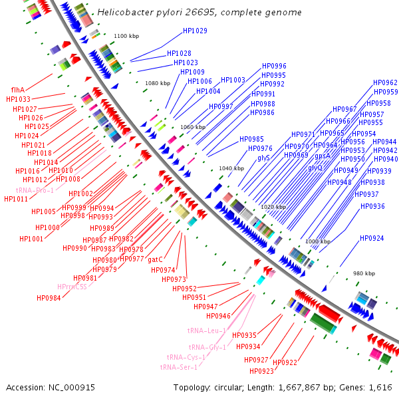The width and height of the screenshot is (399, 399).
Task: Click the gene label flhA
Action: point(18,90)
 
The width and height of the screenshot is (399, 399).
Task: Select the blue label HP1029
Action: point(195,31)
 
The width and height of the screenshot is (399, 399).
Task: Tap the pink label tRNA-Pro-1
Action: point(35,190)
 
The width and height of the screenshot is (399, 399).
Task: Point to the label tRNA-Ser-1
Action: point(178,367)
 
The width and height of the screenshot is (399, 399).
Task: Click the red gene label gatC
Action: point(155,259)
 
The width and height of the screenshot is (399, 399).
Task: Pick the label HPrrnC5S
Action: point(72,287)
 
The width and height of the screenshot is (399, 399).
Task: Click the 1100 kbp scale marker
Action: point(126,37)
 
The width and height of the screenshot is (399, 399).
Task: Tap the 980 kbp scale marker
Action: point(364,273)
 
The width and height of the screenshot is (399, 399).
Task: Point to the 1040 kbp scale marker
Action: point(231,169)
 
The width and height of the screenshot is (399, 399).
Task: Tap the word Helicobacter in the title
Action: point(124,13)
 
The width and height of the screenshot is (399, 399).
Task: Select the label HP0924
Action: point(372,238)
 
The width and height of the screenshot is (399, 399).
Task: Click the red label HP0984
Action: point(49,298)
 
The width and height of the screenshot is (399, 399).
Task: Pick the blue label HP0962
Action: point(386,82)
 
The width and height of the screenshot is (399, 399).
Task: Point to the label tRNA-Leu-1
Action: point(206,331)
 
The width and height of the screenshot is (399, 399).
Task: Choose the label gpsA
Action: point(323,156)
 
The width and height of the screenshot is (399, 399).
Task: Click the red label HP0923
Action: point(261,371)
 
